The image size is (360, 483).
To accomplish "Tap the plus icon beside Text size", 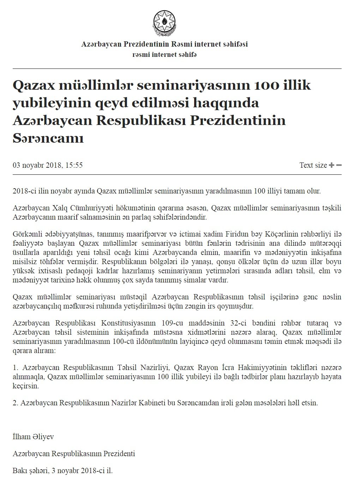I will [x=331, y=165].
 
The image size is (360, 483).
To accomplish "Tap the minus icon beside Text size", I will [x=339, y=165].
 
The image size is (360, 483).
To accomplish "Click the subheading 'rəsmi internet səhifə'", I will [x=164, y=54].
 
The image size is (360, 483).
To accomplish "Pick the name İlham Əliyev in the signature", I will [x=33, y=437].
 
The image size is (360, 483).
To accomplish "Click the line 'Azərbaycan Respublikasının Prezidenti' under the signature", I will [x=74, y=454].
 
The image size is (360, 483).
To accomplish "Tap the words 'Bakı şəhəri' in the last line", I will [x=29, y=471].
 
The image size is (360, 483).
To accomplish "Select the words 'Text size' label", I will [x=313, y=165].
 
